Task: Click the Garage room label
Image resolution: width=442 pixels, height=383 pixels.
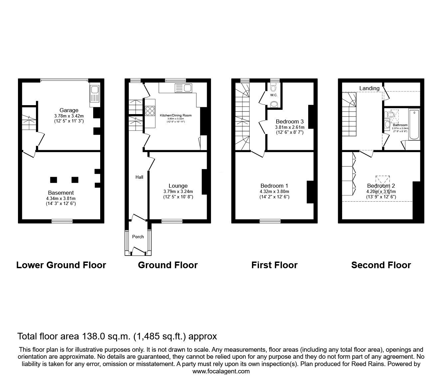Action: pyautogui.click(x=69, y=110)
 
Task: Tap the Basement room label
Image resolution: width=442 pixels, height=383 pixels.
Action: pyautogui.click(x=61, y=193)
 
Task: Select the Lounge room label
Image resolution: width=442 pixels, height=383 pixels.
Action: pyautogui.click(x=178, y=186)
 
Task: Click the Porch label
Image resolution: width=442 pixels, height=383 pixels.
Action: pyautogui.click(x=138, y=237)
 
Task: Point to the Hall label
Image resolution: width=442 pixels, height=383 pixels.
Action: pyautogui.click(x=139, y=177)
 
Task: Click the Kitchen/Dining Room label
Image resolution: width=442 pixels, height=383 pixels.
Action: pyautogui.click(x=176, y=115)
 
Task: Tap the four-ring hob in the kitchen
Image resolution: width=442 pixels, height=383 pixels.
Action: pyautogui.click(x=149, y=110)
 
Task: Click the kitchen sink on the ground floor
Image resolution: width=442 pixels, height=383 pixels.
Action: pyautogui.click(x=187, y=88)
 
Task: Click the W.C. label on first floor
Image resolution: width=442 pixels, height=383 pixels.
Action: pyautogui.click(x=274, y=95)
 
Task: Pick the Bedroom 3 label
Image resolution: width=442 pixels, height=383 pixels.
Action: pyautogui.click(x=290, y=121)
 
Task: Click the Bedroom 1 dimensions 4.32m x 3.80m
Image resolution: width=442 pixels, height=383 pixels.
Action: pyautogui.click(x=275, y=191)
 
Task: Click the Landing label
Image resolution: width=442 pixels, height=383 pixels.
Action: pyautogui.click(x=369, y=88)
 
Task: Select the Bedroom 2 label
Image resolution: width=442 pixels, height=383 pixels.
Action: pyautogui.click(x=381, y=186)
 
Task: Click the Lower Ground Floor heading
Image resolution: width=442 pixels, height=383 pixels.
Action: pyautogui.click(x=61, y=265)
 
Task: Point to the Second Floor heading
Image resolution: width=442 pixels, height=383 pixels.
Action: pyautogui.click(x=381, y=265)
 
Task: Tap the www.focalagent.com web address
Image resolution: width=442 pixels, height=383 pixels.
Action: pyautogui.click(x=221, y=371)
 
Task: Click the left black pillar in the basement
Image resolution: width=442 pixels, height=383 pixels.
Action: pyautogui.click(x=53, y=180)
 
